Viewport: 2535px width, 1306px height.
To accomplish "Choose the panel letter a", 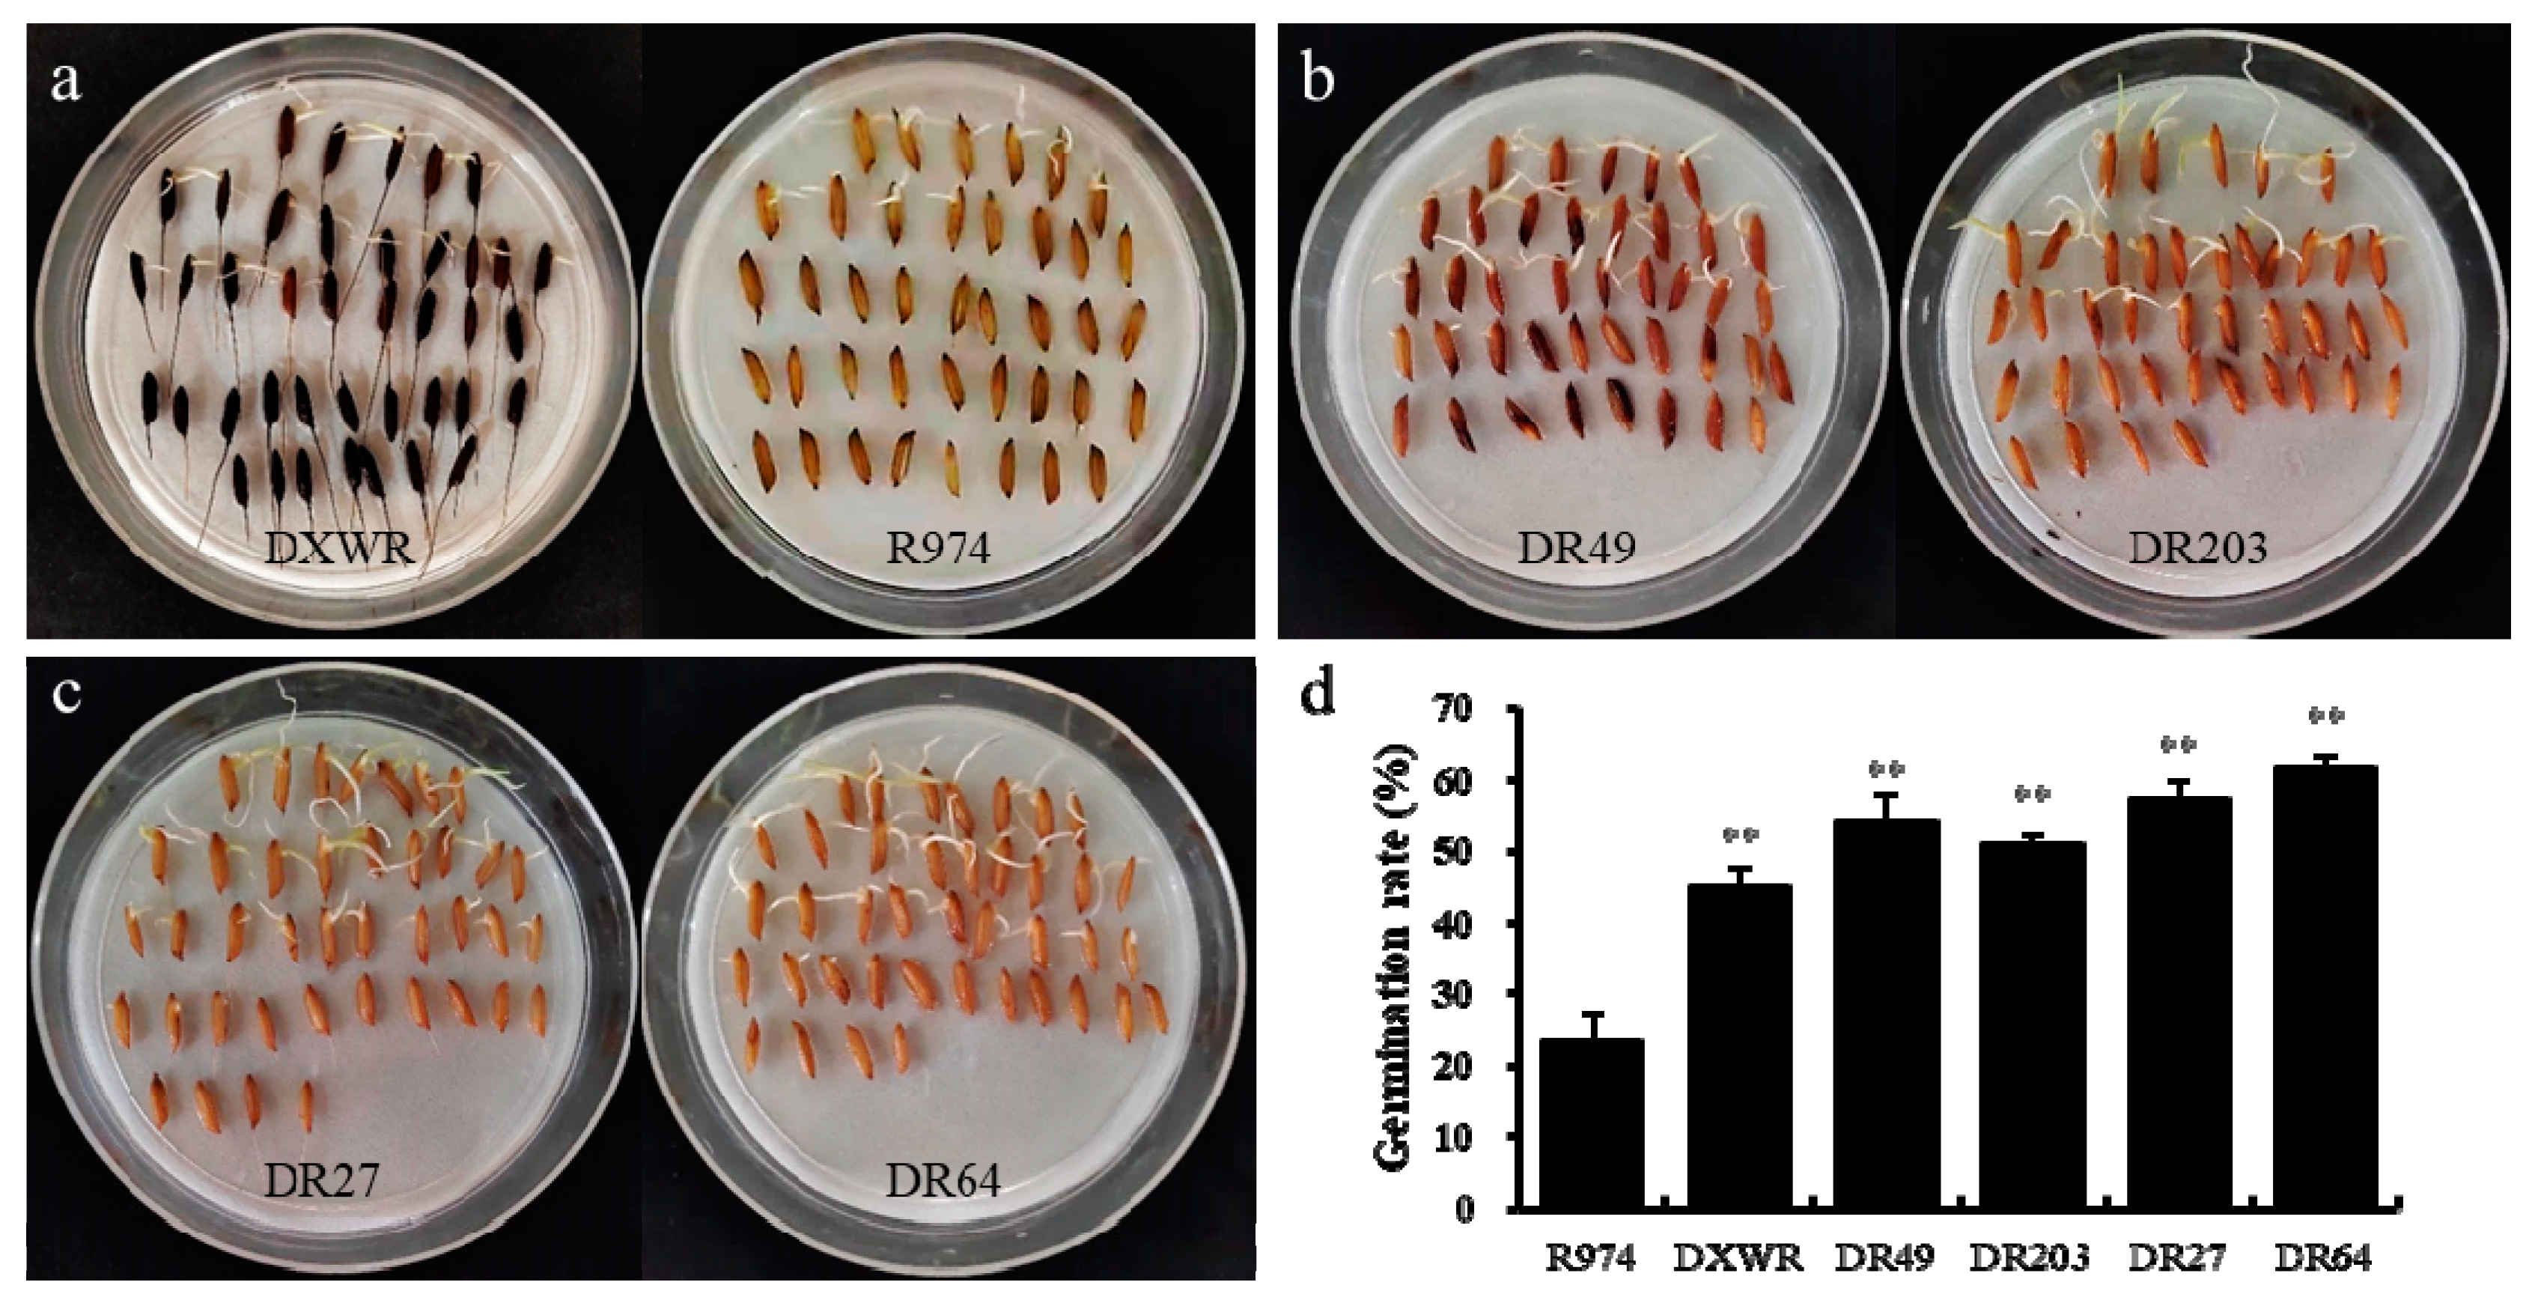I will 66,81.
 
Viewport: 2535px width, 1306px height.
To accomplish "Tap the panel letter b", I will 1318,81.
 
